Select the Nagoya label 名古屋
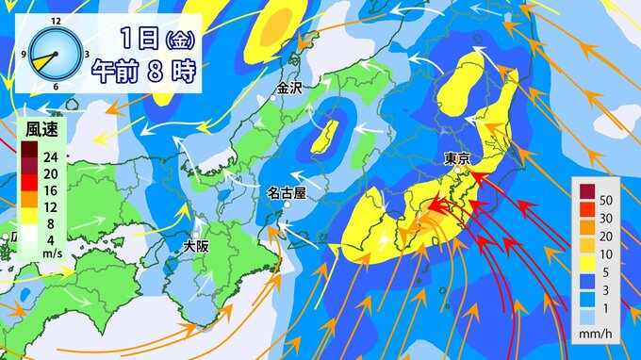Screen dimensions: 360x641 pos(286,192)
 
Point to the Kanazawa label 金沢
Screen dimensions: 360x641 pos(289,90)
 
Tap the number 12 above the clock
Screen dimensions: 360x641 pos(57,20)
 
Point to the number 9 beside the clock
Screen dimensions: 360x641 pos(24,55)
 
